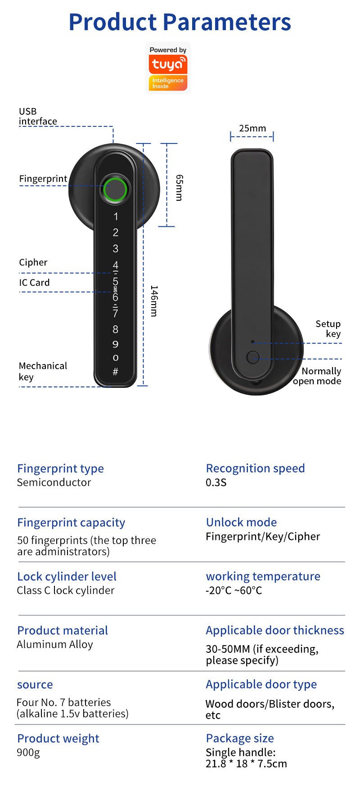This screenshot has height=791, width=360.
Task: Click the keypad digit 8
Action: [115, 329]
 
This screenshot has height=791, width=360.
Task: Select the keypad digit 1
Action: [116, 216]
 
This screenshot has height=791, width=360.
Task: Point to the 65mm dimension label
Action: [179, 188]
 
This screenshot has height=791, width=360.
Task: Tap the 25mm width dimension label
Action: [252, 129]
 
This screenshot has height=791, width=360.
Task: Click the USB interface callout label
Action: [38, 116]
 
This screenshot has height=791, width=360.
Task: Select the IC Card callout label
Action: [34, 283]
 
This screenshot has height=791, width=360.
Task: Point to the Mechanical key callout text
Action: [43, 371]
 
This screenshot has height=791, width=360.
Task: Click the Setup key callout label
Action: [328, 329]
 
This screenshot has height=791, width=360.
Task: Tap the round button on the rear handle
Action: [253, 358]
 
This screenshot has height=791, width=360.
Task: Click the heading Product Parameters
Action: [180, 22]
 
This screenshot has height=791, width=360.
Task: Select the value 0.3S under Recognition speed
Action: [216, 483]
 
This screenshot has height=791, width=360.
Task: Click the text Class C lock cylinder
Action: [66, 590]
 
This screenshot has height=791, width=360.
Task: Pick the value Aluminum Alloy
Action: [55, 644]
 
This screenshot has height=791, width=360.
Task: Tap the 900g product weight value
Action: [28, 752]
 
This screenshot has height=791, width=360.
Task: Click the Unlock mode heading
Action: [241, 522]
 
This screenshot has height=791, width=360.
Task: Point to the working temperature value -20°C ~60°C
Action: [234, 590]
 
